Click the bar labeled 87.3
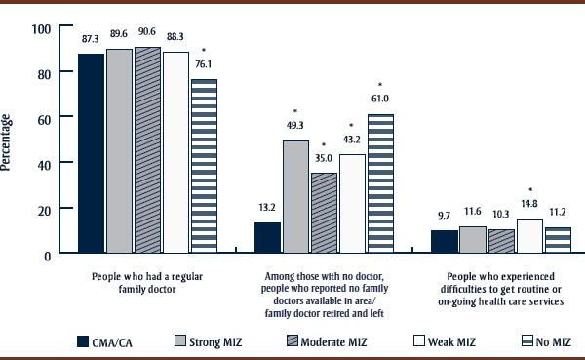pyautogui.click(x=92, y=154)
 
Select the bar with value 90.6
pyautogui.click(x=148, y=150)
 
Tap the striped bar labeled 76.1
pyautogui.click(x=204, y=167)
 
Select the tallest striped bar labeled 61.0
pyautogui.click(x=380, y=184)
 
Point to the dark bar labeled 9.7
pyautogui.click(x=444, y=242)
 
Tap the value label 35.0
pyautogui.click(x=324, y=157)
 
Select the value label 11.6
pyautogui.click(x=472, y=211)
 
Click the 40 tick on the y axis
pyautogui.click(x=42, y=163)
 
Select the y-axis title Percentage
pyautogui.click(x=8, y=142)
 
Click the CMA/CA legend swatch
pyautogui.click(x=88, y=341)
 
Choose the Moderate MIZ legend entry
pyautogui.click(x=344, y=341)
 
